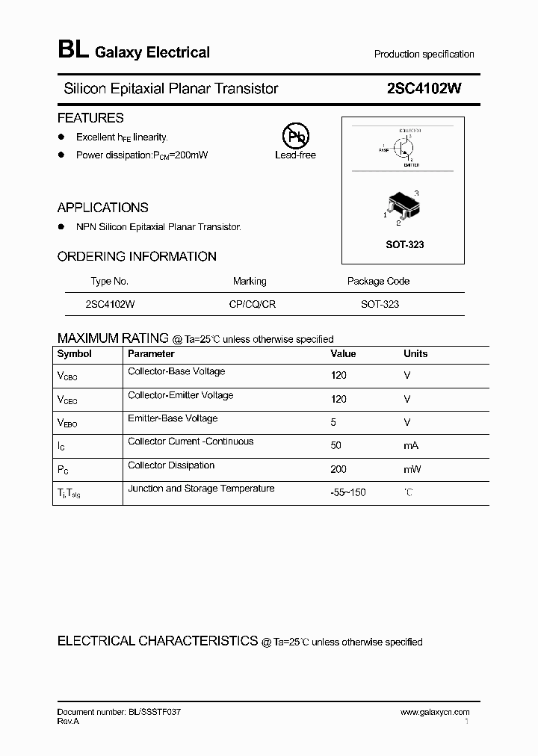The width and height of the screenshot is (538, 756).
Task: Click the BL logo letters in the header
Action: tap(72, 51)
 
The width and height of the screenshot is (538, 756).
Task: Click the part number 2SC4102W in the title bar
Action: tap(424, 89)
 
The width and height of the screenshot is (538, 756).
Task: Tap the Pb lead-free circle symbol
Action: tap(294, 137)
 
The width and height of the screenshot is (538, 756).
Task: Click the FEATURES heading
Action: tap(90, 118)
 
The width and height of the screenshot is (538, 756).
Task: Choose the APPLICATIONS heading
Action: tap(103, 208)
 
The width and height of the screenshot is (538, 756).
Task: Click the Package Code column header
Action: tap(378, 282)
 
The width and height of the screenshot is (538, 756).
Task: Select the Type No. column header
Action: tap(110, 282)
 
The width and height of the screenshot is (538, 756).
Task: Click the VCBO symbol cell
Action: tap(67, 377)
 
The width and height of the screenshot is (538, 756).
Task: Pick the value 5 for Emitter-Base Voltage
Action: tap(333, 422)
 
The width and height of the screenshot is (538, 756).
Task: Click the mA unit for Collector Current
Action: tap(411, 446)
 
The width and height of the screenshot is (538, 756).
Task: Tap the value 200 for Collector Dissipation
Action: tap(338, 469)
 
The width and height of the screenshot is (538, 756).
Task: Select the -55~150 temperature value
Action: tap(347, 492)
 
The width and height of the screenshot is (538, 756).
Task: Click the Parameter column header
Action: tap(151, 354)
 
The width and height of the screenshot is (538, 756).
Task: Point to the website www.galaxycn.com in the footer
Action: tap(435, 713)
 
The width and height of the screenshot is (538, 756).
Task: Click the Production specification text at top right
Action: tap(424, 55)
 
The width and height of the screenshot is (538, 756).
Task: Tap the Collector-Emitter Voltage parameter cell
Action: tap(180, 395)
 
